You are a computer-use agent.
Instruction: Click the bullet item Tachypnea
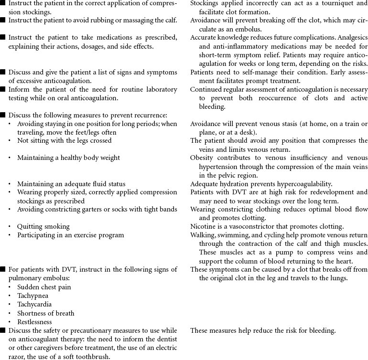click(x=32, y=296)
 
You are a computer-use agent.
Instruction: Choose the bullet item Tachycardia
click(x=34, y=304)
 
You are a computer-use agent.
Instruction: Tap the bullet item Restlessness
click(x=34, y=322)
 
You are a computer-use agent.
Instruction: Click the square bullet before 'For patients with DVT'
click(x=3, y=270)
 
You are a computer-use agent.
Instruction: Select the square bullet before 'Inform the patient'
click(x=3, y=89)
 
